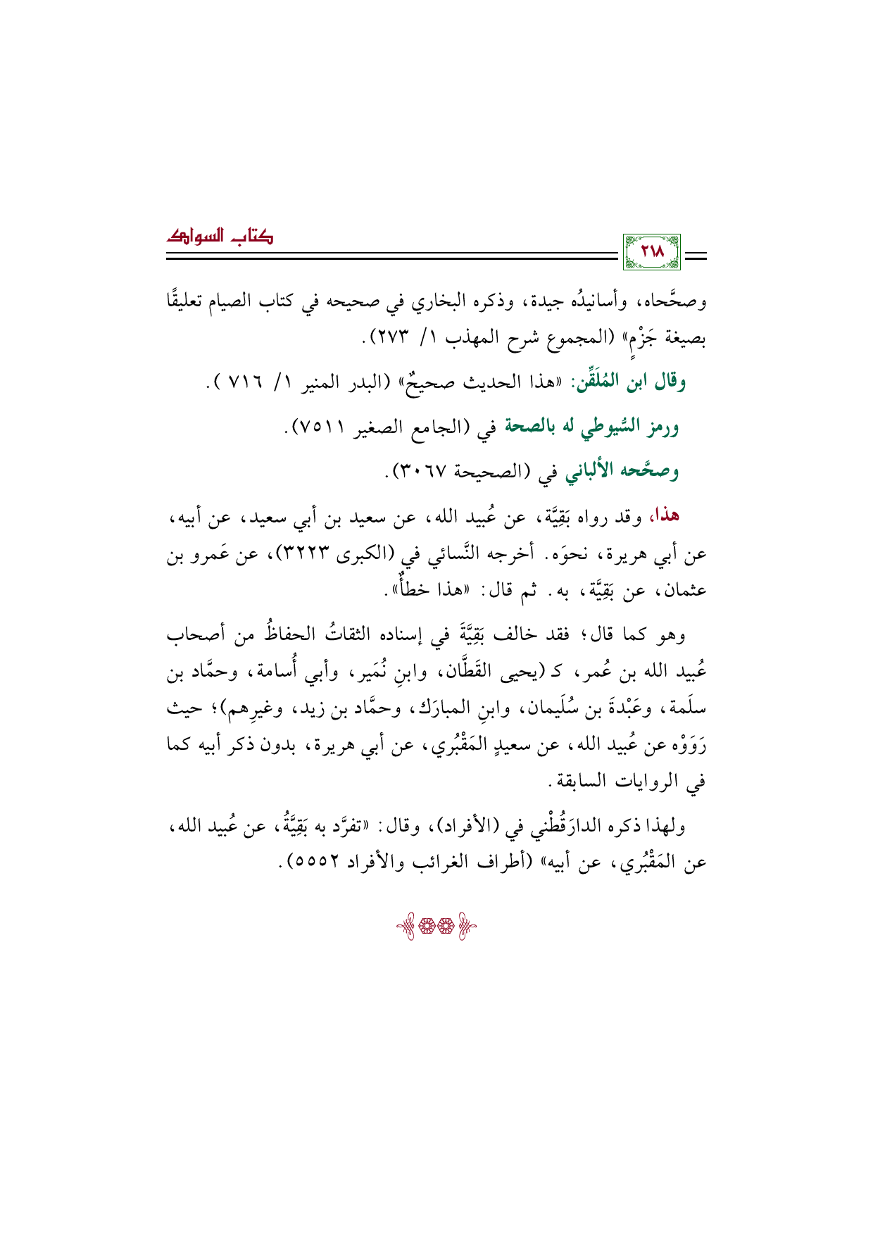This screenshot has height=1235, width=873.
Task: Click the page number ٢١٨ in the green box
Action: click(x=651, y=251)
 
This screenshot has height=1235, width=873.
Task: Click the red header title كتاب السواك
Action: click(x=220, y=236)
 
